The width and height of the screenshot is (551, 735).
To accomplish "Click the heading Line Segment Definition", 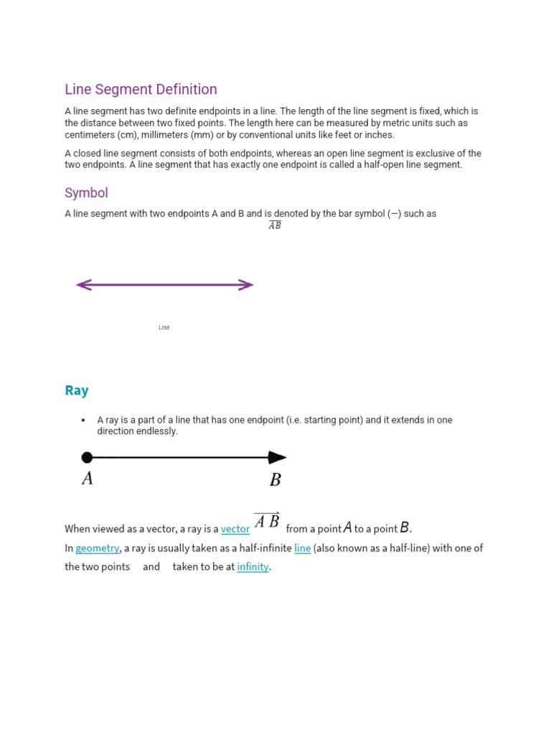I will [x=141, y=90].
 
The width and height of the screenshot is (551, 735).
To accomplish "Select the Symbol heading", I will [x=86, y=193].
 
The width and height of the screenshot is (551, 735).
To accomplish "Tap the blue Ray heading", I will [x=77, y=390].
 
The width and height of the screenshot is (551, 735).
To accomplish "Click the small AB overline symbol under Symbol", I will [x=275, y=225].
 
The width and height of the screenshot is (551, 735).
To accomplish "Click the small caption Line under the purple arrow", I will [x=164, y=328].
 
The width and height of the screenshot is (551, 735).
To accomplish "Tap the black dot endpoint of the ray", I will [x=87, y=457].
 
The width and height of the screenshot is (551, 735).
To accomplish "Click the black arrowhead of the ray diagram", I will [x=278, y=457].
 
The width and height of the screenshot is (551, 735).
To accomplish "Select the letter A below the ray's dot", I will [x=88, y=479].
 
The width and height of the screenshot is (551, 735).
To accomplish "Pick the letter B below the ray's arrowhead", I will [x=275, y=480].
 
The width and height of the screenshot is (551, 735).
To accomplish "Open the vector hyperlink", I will [x=235, y=529].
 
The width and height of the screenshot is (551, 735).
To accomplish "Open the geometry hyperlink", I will [x=97, y=548].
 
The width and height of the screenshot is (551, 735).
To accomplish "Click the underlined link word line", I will [x=303, y=548].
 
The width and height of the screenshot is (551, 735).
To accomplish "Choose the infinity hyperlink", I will [x=253, y=567].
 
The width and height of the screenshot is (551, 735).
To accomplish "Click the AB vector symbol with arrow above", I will [x=267, y=521].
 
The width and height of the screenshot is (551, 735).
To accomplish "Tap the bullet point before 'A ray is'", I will [x=83, y=420].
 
